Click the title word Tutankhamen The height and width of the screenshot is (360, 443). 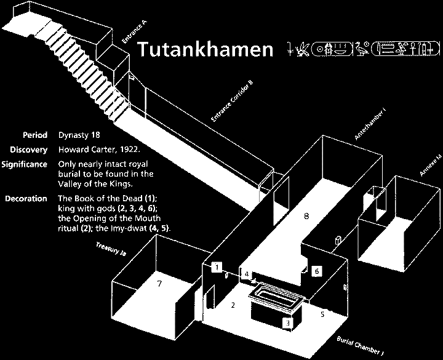tap(204, 49)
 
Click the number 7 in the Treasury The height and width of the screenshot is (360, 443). tap(159, 284)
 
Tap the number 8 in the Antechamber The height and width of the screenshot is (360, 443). tap(306, 216)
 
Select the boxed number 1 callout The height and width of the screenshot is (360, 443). tap(216, 267)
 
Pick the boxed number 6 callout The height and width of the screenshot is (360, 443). tap(316, 270)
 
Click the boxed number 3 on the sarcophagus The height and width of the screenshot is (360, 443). tap(287, 322)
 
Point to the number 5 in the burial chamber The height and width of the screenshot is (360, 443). tap(322, 313)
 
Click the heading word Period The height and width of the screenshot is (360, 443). tap(35, 135)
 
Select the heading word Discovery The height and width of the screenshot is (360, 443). tap(28, 150)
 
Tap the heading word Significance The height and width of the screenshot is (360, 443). tap(25, 164)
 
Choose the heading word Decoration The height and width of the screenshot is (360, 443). tap(25, 198)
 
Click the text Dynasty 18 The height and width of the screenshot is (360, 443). tap(79, 135)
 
